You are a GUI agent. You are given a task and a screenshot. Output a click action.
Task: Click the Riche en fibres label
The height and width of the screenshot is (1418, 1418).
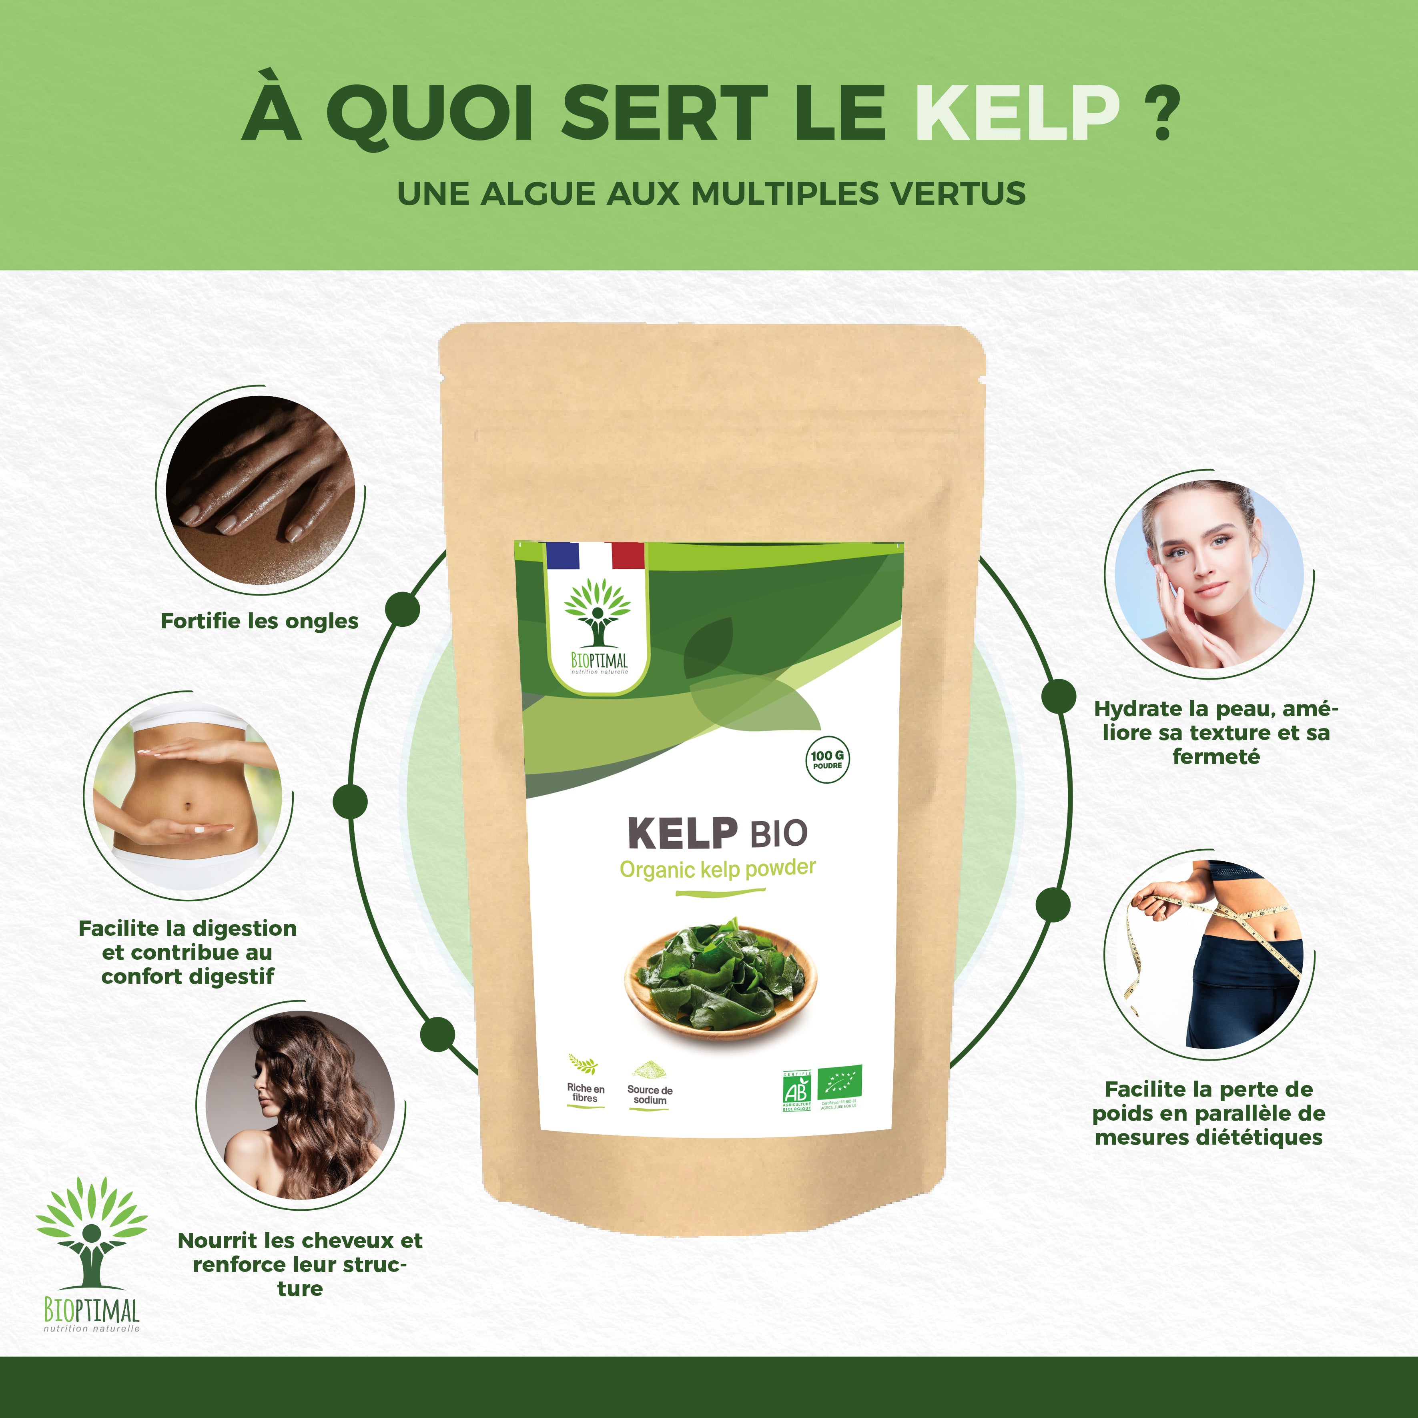tap(585, 1092)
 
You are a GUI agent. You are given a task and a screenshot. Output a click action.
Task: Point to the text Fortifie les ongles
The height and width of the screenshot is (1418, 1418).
tap(259, 621)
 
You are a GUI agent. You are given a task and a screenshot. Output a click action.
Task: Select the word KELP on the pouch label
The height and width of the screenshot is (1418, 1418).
tap(682, 833)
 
